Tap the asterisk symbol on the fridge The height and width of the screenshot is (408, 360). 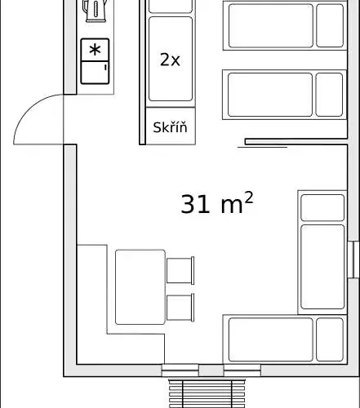click(95, 50)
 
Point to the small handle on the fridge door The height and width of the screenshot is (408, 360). click(105, 67)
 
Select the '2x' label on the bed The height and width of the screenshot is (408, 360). click(170, 60)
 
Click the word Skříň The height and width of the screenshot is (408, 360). click(170, 127)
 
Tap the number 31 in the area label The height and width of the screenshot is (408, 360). click(195, 204)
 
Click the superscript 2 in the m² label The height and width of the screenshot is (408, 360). click(249, 197)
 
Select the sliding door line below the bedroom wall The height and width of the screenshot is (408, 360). click(263, 147)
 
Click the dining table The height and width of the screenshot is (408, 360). click(140, 287)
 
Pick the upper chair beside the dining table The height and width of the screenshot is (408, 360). click(180, 270)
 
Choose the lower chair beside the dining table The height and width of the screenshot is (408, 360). click(180, 308)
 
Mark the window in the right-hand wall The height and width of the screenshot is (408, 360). click(353, 259)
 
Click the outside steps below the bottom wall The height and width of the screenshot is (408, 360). click(207, 393)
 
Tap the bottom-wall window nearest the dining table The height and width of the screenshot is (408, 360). click(180, 370)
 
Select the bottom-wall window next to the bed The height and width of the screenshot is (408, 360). click(242, 370)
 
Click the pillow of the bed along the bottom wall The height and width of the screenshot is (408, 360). click(330, 339)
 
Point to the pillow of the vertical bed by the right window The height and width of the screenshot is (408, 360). click(322, 207)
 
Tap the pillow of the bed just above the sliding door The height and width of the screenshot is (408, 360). click(329, 95)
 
